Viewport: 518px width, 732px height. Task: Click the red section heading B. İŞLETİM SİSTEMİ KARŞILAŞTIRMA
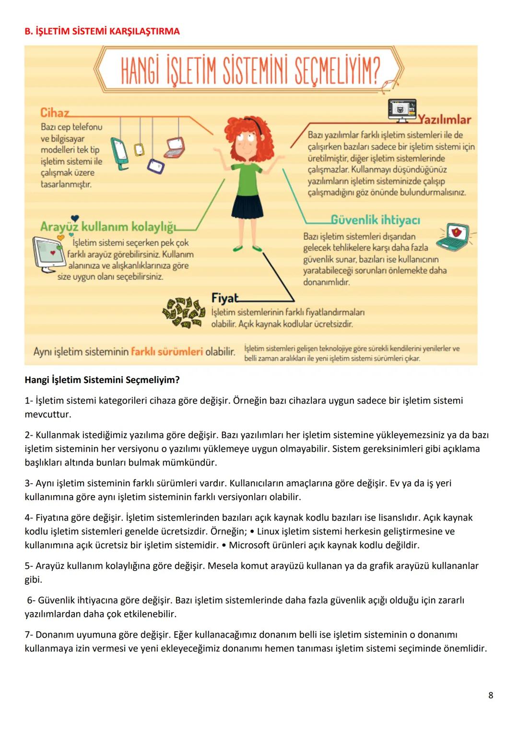(x=102, y=32)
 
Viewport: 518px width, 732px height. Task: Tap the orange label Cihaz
(x=55, y=113)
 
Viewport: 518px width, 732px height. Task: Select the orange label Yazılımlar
(x=445, y=119)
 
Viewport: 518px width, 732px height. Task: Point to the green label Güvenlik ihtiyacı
(x=376, y=220)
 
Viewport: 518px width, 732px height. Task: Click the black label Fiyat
(x=224, y=298)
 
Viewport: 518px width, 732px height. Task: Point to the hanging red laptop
(x=174, y=148)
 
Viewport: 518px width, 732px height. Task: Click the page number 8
(x=490, y=695)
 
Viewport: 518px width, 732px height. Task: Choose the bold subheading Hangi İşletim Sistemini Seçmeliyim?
(x=102, y=380)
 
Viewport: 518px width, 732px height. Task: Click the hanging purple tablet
(x=155, y=166)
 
